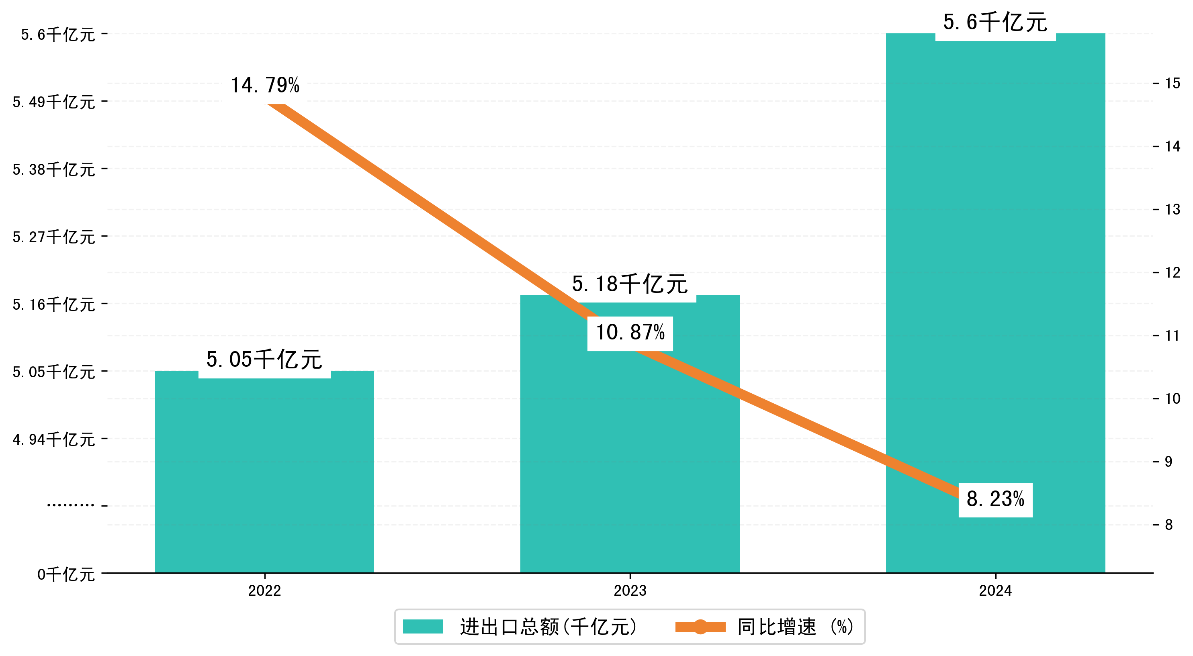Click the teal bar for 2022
click(264, 477)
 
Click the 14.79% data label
click(265, 86)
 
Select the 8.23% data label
click(995, 499)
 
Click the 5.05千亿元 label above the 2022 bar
click(264, 360)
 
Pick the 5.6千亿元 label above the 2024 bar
click(995, 22)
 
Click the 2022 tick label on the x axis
click(264, 591)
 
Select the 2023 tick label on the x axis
click(630, 591)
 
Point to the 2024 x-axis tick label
click(995, 591)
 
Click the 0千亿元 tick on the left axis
click(66, 574)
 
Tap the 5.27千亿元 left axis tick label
click(54, 237)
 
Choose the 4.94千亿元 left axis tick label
click(54, 439)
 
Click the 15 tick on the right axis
click(1173, 83)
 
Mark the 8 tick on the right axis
click(1169, 525)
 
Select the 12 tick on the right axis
click(1173, 272)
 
